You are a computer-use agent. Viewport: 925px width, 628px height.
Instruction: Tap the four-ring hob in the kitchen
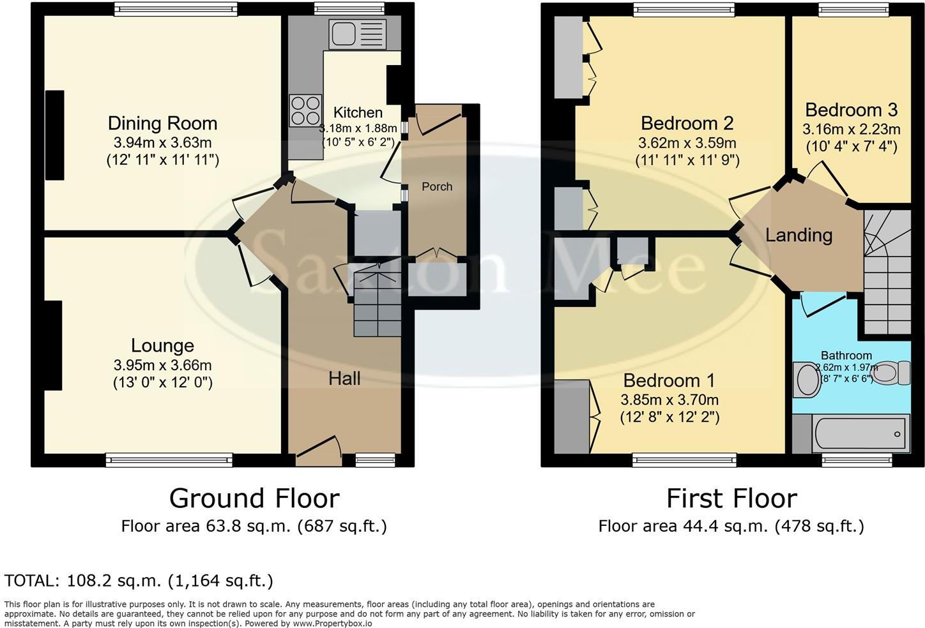(305, 110)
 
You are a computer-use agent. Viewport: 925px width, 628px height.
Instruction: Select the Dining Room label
(162, 123)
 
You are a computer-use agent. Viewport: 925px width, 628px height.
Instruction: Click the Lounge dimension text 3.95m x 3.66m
(162, 366)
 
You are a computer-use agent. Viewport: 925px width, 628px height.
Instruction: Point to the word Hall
(344, 379)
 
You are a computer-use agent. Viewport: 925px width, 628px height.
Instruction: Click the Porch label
(437, 186)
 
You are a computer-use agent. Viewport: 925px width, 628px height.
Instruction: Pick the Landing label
(799, 235)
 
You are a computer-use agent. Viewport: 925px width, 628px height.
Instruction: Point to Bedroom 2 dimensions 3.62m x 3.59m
(687, 143)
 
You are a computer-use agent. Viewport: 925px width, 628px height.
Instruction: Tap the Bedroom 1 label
(669, 381)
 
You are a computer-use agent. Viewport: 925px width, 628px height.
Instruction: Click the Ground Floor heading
(254, 498)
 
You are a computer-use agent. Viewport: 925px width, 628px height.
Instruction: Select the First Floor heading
(731, 498)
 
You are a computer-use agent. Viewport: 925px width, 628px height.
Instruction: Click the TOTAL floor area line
(139, 581)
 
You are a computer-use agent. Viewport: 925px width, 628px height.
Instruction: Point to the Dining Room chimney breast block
(55, 135)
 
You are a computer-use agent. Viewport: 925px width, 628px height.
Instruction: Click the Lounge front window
(169, 460)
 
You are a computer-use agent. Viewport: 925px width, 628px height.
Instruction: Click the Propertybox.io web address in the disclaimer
(332, 624)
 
